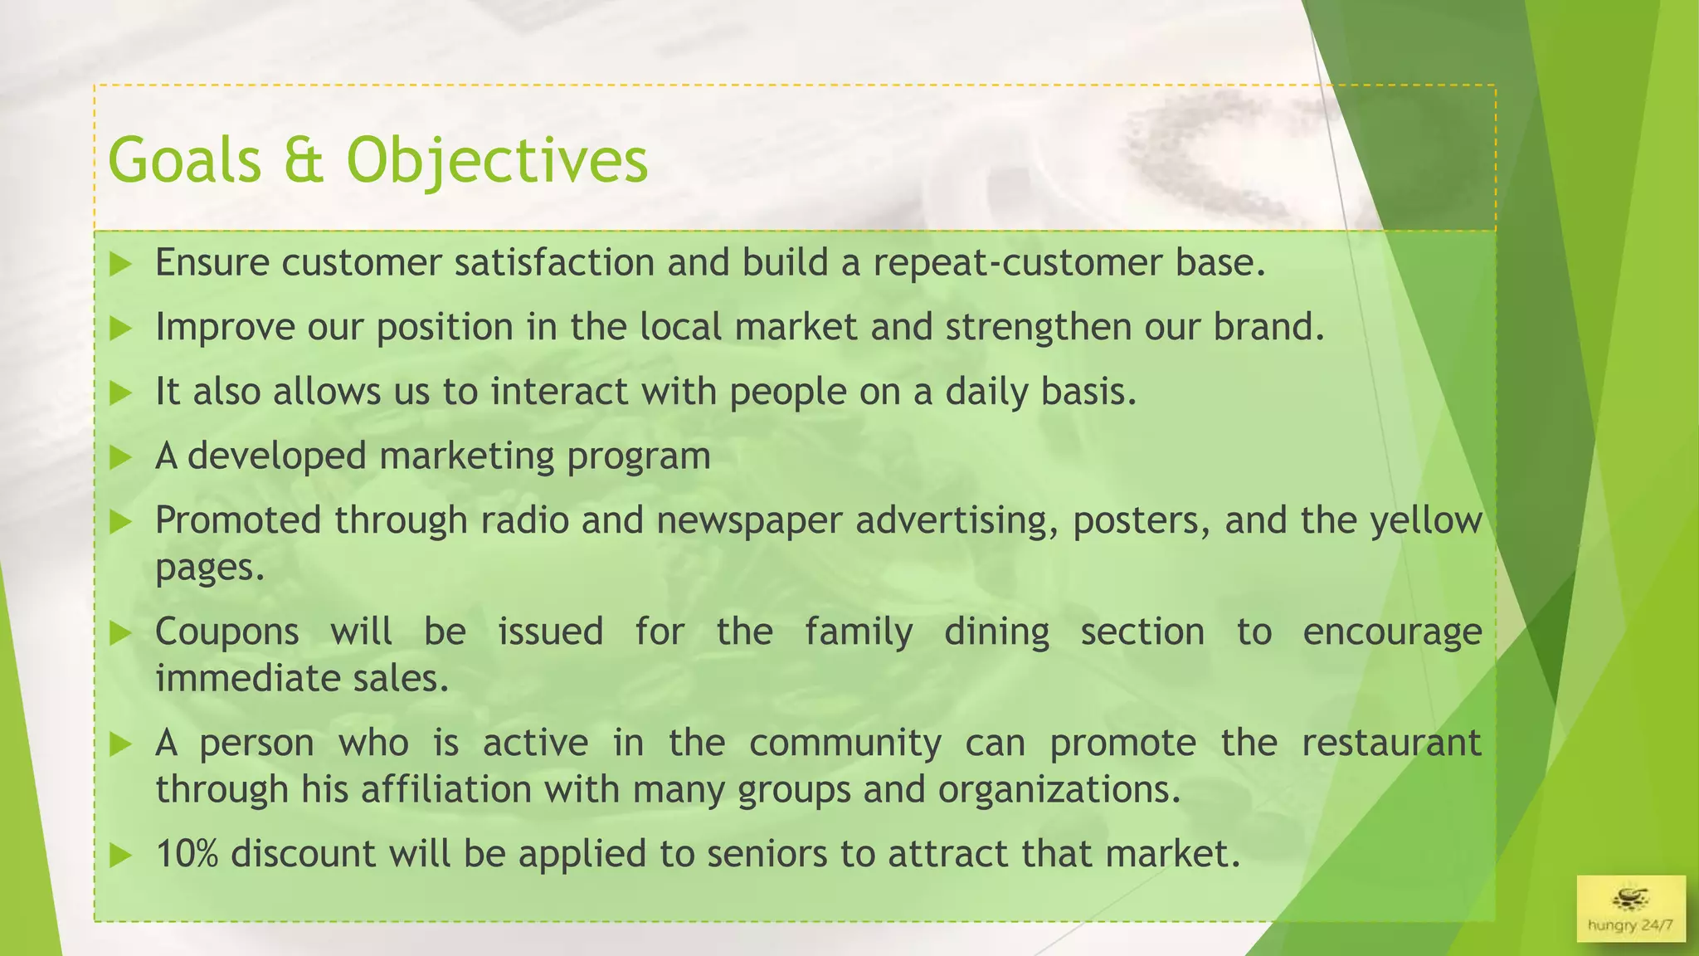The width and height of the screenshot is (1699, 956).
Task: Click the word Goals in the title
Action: click(184, 159)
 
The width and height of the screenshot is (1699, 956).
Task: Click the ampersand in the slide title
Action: click(303, 159)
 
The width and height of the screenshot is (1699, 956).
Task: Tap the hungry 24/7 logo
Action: click(1630, 908)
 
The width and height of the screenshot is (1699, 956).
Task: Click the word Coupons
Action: click(226, 632)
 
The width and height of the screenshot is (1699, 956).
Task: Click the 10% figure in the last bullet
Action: click(187, 854)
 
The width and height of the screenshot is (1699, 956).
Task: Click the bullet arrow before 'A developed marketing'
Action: click(121, 457)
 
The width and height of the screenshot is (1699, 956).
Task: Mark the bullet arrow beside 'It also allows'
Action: click(121, 393)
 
